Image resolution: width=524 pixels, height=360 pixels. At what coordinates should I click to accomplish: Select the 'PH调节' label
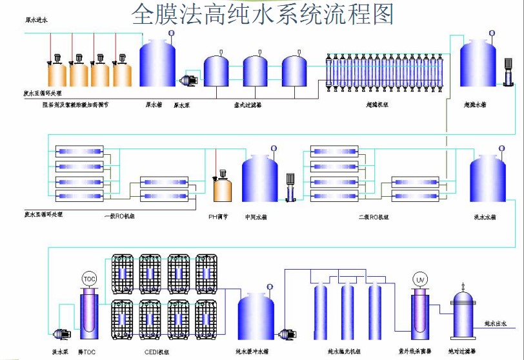(x=217, y=217)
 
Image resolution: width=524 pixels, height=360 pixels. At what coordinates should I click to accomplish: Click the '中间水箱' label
(x=256, y=217)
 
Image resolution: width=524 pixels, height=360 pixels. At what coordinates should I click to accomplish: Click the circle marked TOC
(x=88, y=279)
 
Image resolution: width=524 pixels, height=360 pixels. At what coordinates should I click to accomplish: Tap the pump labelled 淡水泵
(x=61, y=334)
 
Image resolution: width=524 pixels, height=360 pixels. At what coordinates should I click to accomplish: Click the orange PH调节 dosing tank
(x=223, y=188)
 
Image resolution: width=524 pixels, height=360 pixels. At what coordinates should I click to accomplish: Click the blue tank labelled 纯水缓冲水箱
(x=256, y=316)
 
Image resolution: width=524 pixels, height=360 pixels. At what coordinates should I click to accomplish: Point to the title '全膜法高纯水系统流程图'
(x=262, y=14)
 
